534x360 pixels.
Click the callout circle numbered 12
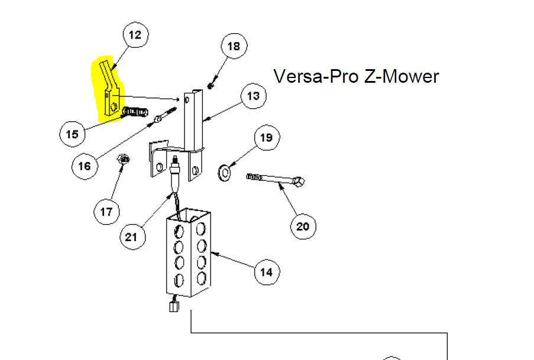tap(135, 35)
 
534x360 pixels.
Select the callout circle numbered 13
tap(253, 96)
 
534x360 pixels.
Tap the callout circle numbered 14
tap(266, 272)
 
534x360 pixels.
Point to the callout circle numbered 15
tap(72, 134)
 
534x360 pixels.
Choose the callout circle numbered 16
tap(85, 166)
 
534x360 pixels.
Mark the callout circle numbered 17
tap(106, 212)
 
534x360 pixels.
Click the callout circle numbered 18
tap(234, 46)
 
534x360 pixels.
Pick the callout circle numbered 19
tap(266, 138)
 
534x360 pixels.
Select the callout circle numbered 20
tap(303, 226)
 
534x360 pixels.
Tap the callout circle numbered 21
tap(131, 237)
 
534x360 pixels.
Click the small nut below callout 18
tap(211, 86)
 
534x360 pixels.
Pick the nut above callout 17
tap(123, 159)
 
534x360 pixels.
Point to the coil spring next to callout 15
tap(135, 112)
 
